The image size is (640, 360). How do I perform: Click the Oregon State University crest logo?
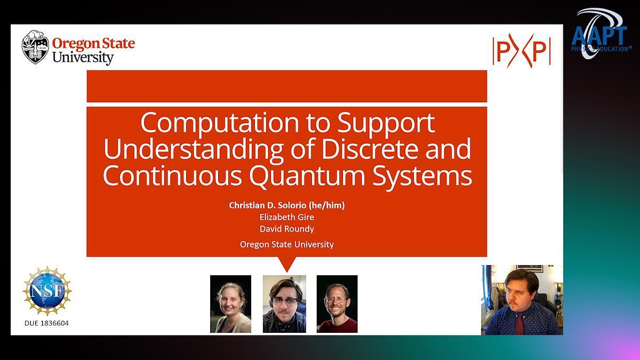(35, 47)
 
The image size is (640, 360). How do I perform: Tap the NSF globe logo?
(47, 291)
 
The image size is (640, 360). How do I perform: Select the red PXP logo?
(522, 51)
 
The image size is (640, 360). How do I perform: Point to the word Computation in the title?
(219, 123)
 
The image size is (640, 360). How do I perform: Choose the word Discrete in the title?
(371, 149)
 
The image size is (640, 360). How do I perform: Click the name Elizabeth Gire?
(287, 217)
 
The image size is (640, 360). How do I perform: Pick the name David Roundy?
(287, 229)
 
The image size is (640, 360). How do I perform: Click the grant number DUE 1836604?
(46, 323)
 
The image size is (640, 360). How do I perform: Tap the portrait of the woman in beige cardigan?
(230, 304)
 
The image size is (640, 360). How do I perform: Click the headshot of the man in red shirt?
(337, 304)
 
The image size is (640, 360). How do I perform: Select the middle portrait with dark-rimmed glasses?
(284, 304)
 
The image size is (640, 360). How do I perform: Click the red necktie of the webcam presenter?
(519, 324)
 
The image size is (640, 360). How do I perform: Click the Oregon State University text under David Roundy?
(287, 245)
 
